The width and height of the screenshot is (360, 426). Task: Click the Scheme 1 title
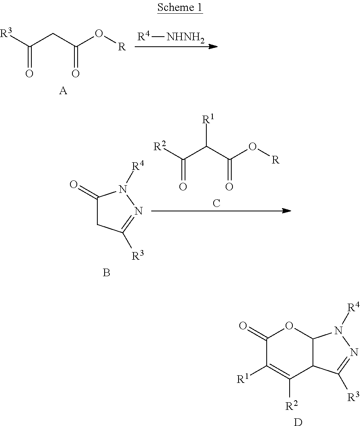click(180, 7)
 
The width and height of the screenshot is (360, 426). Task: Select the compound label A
click(63, 91)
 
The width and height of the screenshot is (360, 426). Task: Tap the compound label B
click(107, 273)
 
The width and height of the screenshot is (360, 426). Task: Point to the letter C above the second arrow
click(216, 203)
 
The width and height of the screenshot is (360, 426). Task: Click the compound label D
click(298, 422)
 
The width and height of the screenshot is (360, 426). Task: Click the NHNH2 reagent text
click(185, 37)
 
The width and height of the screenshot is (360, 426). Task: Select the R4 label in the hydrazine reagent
click(144, 36)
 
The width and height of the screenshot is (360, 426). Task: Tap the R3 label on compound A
click(6, 33)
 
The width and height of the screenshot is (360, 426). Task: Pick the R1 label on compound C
click(208, 119)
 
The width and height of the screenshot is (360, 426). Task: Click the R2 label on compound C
click(160, 146)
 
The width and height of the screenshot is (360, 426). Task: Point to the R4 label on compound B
click(138, 165)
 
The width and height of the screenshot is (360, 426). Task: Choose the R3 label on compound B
click(138, 255)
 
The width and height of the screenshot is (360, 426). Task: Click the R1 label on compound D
click(243, 378)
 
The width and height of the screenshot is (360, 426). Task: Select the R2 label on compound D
click(292, 405)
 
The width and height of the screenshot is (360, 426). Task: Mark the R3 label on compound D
click(354, 396)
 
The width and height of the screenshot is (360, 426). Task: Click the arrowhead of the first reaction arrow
click(213, 47)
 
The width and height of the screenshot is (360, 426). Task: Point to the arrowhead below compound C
click(287, 211)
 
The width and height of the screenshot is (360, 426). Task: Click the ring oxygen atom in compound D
click(290, 325)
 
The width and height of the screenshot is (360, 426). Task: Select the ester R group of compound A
click(122, 47)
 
